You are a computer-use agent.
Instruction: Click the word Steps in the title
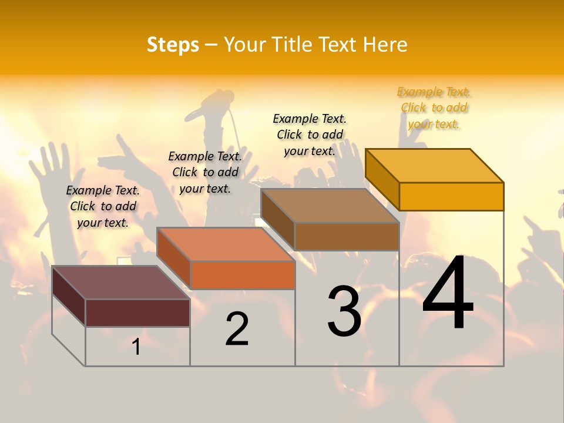(173, 45)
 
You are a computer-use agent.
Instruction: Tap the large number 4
(448, 294)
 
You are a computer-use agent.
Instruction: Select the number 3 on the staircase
(344, 311)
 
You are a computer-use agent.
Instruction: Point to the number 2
(237, 329)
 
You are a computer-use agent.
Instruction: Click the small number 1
(136, 347)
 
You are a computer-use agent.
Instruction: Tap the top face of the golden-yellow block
(435, 165)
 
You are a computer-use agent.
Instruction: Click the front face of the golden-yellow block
(451, 196)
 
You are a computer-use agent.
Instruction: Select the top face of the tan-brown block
(330, 205)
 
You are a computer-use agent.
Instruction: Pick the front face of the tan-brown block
(347, 236)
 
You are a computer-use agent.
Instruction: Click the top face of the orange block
(226, 244)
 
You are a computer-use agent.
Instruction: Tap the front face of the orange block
(242, 275)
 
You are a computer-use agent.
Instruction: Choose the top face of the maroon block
(121, 282)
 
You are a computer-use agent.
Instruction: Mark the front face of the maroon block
(137, 313)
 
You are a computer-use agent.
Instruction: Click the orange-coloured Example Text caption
(434, 108)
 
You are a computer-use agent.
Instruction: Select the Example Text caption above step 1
(103, 206)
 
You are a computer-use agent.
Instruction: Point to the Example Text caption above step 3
(310, 135)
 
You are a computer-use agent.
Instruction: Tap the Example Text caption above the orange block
(205, 172)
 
